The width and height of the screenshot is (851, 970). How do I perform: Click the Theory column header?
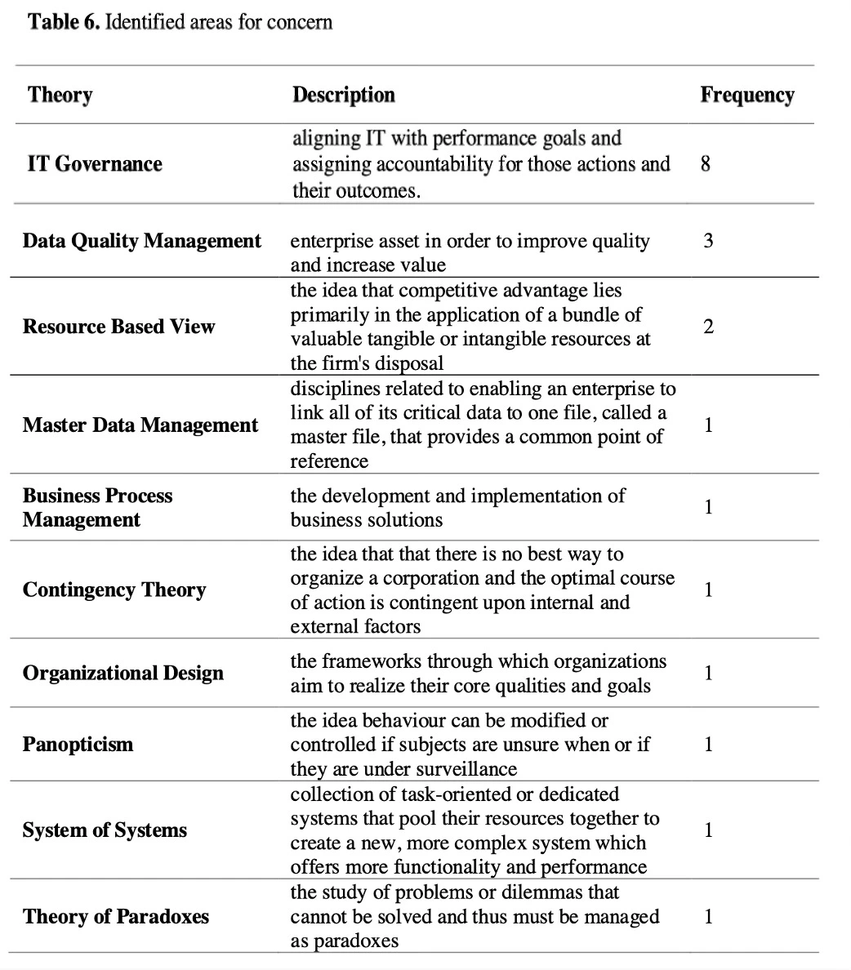60,95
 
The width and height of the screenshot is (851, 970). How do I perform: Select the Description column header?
343,95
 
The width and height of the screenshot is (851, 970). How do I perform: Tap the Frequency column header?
746,95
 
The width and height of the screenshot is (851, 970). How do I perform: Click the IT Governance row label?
95,164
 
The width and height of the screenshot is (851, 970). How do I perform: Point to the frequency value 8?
706,164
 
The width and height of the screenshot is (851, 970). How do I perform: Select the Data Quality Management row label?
142,241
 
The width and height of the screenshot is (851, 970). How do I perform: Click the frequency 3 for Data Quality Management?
708,241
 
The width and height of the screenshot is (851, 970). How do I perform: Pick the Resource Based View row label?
118,327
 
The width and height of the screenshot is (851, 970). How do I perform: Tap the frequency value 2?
708,327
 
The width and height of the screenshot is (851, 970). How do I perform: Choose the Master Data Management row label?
140,425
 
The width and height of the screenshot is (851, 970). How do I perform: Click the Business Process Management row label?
97,508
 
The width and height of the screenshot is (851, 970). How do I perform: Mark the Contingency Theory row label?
114,590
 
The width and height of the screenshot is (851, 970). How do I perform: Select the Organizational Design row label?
123,674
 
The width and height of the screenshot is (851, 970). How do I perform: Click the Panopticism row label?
78,745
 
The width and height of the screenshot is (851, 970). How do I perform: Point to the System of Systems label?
105,830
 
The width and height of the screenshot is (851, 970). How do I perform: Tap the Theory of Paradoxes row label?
115,916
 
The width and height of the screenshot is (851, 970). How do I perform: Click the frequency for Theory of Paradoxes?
708,916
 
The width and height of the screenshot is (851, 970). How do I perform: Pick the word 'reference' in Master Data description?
329,461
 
